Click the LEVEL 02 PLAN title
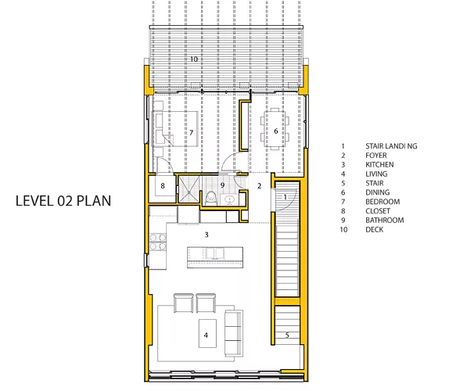[x=63, y=201]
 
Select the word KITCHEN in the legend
[x=379, y=165]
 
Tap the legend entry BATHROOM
[x=385, y=221]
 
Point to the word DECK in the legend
[x=375, y=230]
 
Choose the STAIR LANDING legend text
[x=391, y=146]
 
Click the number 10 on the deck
[x=194, y=59]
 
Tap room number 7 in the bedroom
[x=191, y=132]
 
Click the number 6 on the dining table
[x=276, y=131]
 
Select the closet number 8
[x=163, y=186]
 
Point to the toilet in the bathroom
[x=211, y=198]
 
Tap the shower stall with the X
[x=189, y=189]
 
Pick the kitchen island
[x=215, y=257]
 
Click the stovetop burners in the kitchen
[x=158, y=242]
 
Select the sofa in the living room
[x=233, y=333]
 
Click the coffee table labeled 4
[x=207, y=333]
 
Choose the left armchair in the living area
[x=184, y=303]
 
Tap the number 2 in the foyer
[x=259, y=186]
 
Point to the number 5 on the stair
[x=287, y=335]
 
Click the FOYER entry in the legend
[x=376, y=156]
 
